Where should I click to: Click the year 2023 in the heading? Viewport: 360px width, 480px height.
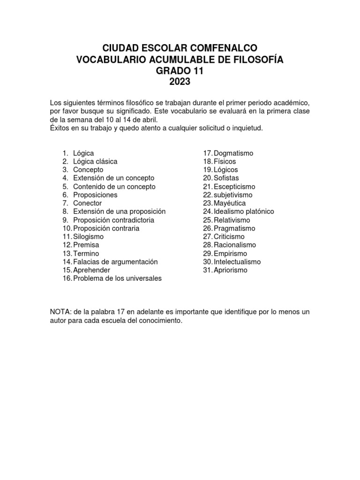[x=180, y=82]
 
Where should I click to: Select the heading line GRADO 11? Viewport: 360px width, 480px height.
[x=180, y=71]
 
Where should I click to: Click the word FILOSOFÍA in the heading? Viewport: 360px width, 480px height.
[x=248, y=60]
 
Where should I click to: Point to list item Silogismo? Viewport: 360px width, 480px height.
[x=88, y=237]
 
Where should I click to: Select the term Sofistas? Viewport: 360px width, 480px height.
[x=226, y=178]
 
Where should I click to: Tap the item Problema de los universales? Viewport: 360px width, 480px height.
[x=117, y=278]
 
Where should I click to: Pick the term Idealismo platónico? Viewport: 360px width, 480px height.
[x=244, y=211]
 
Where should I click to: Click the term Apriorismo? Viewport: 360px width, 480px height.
[x=230, y=270]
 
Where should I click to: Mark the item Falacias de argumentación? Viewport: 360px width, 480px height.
[x=115, y=262]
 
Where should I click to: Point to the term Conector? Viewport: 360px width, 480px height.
[x=87, y=203]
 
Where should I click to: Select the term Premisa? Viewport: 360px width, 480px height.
[x=86, y=245]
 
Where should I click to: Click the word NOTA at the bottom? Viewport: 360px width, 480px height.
[x=60, y=312]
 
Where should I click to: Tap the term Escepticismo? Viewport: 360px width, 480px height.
[x=234, y=187]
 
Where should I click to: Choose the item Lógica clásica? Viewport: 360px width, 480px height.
[x=95, y=161]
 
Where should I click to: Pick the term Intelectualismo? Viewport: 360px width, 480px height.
[x=237, y=262]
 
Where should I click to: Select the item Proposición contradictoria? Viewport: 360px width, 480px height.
[x=113, y=220]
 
